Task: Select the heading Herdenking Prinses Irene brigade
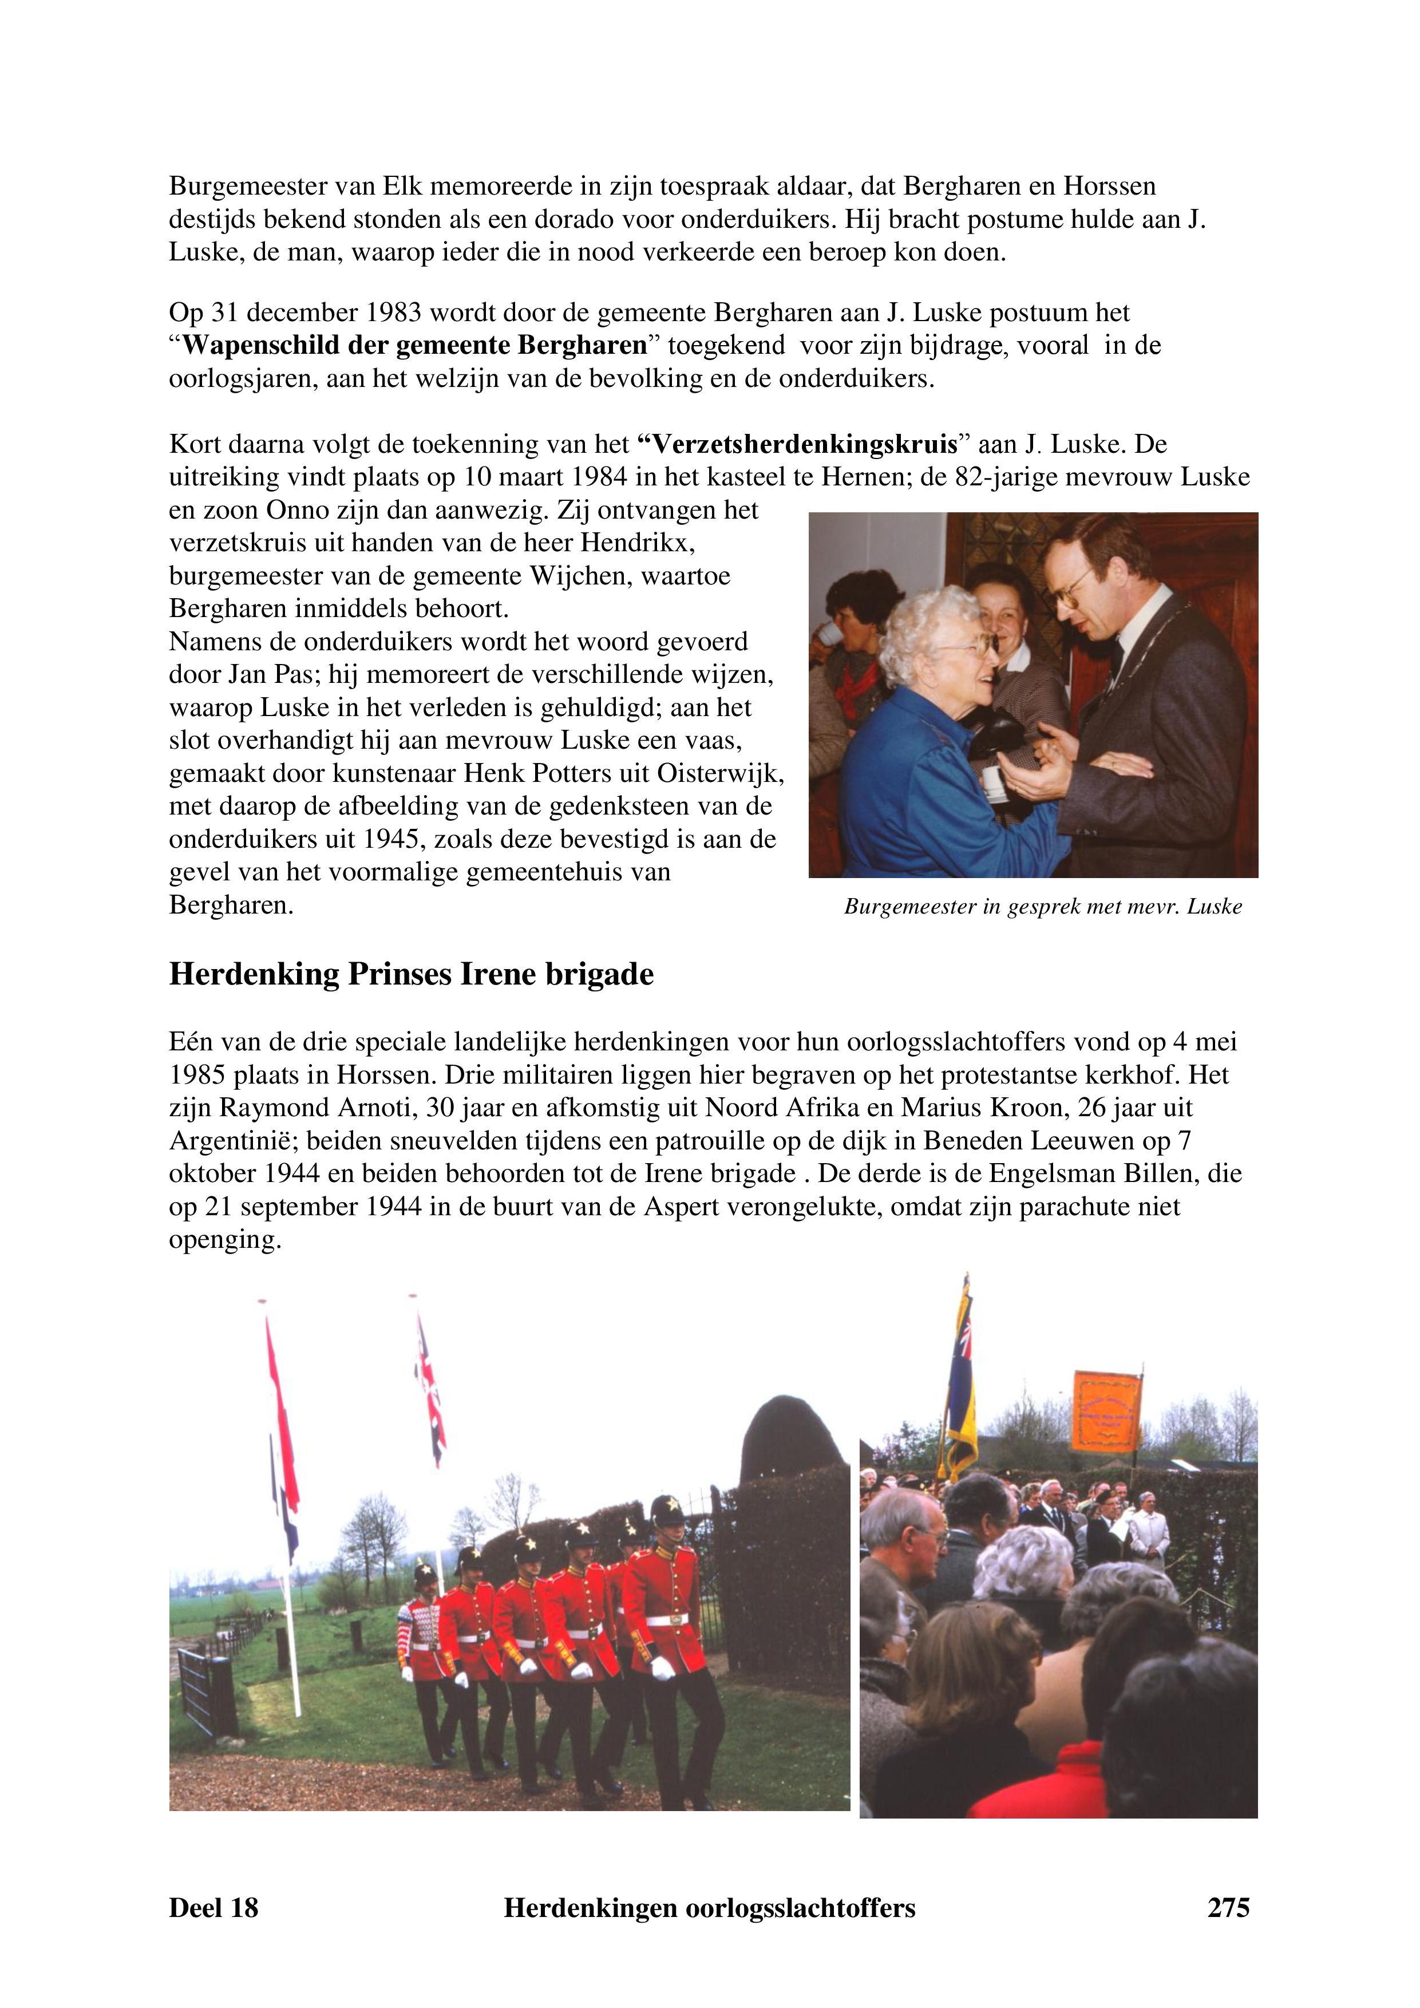point(411,974)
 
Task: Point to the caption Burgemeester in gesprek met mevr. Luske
point(1042,907)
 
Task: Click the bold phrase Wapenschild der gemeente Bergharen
point(414,346)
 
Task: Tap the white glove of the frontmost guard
point(664,1668)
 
